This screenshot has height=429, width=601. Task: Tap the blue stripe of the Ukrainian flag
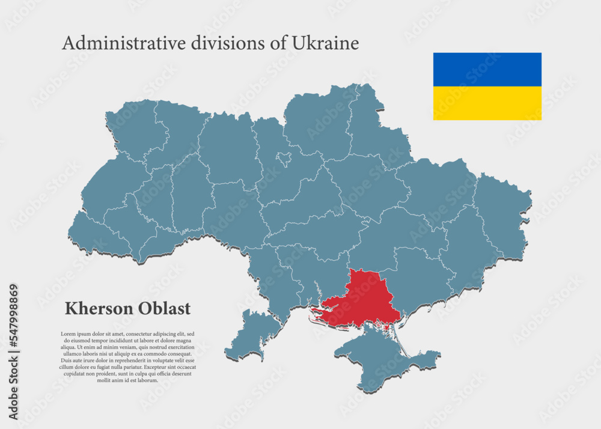[487, 69]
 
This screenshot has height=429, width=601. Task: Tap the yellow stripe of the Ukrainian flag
[487, 103]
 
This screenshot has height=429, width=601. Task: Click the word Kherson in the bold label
[99, 309]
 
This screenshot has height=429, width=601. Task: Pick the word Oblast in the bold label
[165, 309]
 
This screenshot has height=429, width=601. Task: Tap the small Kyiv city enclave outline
[284, 159]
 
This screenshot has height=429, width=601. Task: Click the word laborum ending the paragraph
[147, 380]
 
